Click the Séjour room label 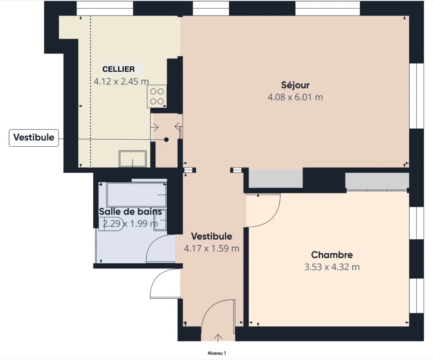pyautogui.click(x=295, y=85)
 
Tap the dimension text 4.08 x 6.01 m pyautogui.click(x=295, y=97)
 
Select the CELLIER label pyautogui.click(x=119, y=69)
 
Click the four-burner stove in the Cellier pyautogui.click(x=157, y=96)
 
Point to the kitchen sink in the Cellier pyautogui.click(x=133, y=159)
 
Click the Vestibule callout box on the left pyautogui.click(x=34, y=138)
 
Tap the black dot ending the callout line pyautogui.click(x=166, y=140)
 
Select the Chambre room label pyautogui.click(x=332, y=255)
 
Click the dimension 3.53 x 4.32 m pyautogui.click(x=332, y=267)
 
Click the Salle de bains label pyautogui.click(x=130, y=212)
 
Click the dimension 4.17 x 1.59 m pyautogui.click(x=212, y=249)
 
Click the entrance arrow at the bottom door pyautogui.click(x=218, y=338)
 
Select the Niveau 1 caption pyautogui.click(x=217, y=353)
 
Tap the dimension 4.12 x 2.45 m pyautogui.click(x=121, y=81)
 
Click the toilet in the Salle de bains pyautogui.click(x=112, y=224)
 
